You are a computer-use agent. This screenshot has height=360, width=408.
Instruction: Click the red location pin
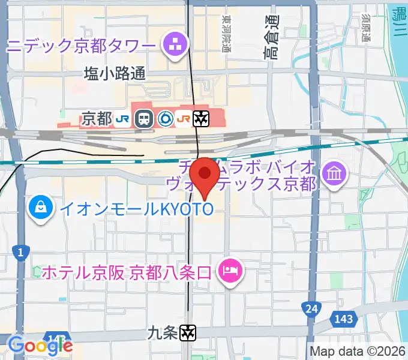(x=205, y=174)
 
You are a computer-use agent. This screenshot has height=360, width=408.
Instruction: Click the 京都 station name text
(x=96, y=119)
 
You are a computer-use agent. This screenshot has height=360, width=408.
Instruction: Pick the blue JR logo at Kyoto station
(x=123, y=119)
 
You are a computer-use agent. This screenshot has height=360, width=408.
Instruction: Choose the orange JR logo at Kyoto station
(x=184, y=119)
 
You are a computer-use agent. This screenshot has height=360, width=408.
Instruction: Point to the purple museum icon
(x=331, y=175)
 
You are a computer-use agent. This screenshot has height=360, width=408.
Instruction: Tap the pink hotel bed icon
(x=230, y=270)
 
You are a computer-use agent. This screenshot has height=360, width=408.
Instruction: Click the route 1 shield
(x=21, y=253)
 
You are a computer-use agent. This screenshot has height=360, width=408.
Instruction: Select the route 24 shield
(x=311, y=308)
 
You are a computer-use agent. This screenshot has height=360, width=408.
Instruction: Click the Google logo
(x=40, y=345)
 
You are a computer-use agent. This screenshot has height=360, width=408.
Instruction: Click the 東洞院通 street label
(x=226, y=34)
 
